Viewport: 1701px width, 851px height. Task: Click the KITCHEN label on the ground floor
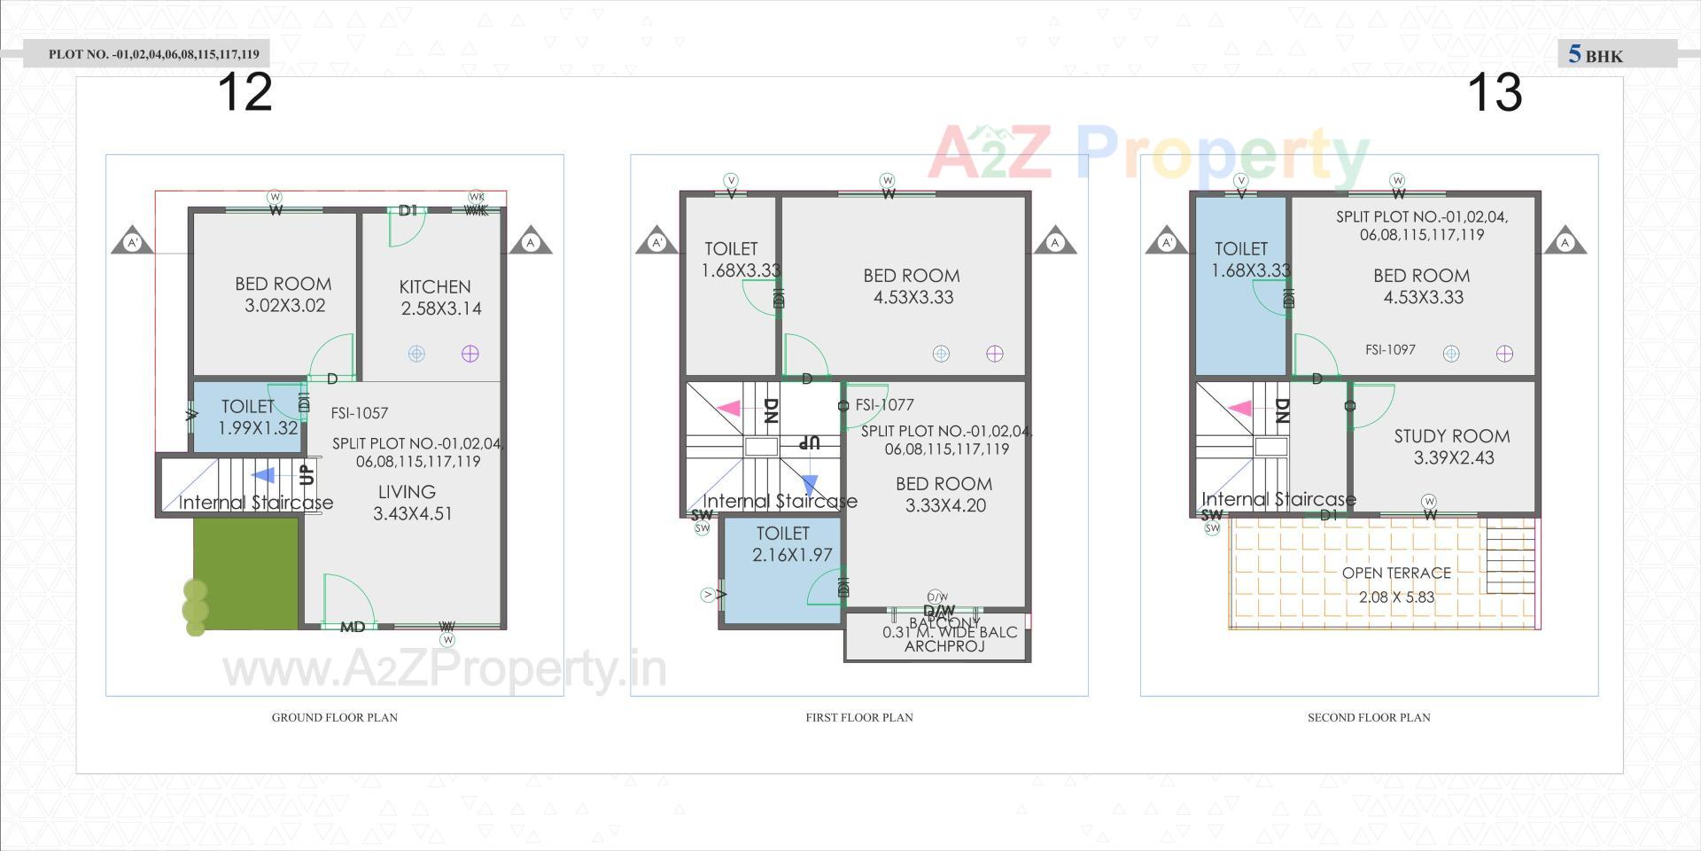tap(436, 298)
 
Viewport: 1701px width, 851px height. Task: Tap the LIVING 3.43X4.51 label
tap(410, 503)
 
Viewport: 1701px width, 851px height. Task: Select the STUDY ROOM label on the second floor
tap(1451, 447)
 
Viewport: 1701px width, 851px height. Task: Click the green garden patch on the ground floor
tap(245, 574)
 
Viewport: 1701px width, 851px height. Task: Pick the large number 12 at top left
tap(245, 92)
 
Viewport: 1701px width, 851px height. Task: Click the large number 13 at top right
tap(1495, 92)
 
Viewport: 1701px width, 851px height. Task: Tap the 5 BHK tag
tap(1596, 55)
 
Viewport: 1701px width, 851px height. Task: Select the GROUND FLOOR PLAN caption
tap(334, 717)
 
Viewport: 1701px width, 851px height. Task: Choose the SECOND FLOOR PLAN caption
tap(1369, 717)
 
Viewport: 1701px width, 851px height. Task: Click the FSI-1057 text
tap(359, 413)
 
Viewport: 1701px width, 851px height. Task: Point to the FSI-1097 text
tap(1390, 350)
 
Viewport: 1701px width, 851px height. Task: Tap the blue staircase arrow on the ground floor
tap(263, 476)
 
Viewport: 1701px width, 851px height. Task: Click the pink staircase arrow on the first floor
tap(728, 409)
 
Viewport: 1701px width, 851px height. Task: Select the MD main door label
tap(353, 628)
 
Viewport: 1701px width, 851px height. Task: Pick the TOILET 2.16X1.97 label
tap(782, 544)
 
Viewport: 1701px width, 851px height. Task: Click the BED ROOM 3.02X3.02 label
tap(283, 294)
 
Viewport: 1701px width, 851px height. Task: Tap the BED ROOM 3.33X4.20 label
tap(944, 495)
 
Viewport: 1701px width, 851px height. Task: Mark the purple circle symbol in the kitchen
tap(470, 354)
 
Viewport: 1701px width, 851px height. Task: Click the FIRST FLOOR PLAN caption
tap(858, 717)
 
